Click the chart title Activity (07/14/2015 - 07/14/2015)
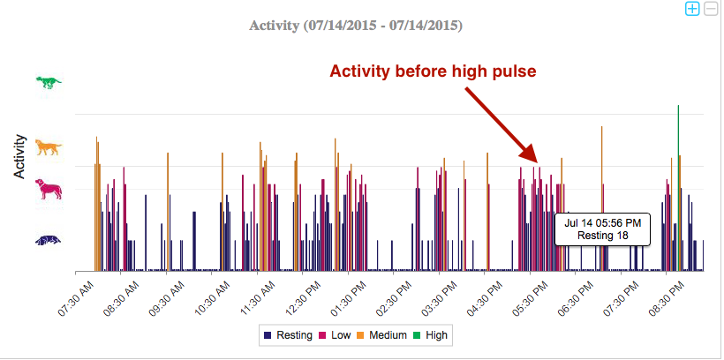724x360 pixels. pyautogui.click(x=356, y=26)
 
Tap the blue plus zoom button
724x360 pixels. pyautogui.click(x=692, y=9)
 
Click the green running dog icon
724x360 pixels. pyautogui.click(x=49, y=82)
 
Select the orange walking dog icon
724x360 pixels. pyautogui.click(x=49, y=147)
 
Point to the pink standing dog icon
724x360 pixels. pyautogui.click(x=49, y=189)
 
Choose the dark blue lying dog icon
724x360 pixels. pyautogui.click(x=49, y=240)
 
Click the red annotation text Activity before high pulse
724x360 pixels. pyautogui.click(x=434, y=71)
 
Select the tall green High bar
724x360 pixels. pyautogui.click(x=678, y=176)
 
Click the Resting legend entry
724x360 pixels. pyautogui.click(x=287, y=335)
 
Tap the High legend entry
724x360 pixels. pyautogui.click(x=432, y=335)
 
